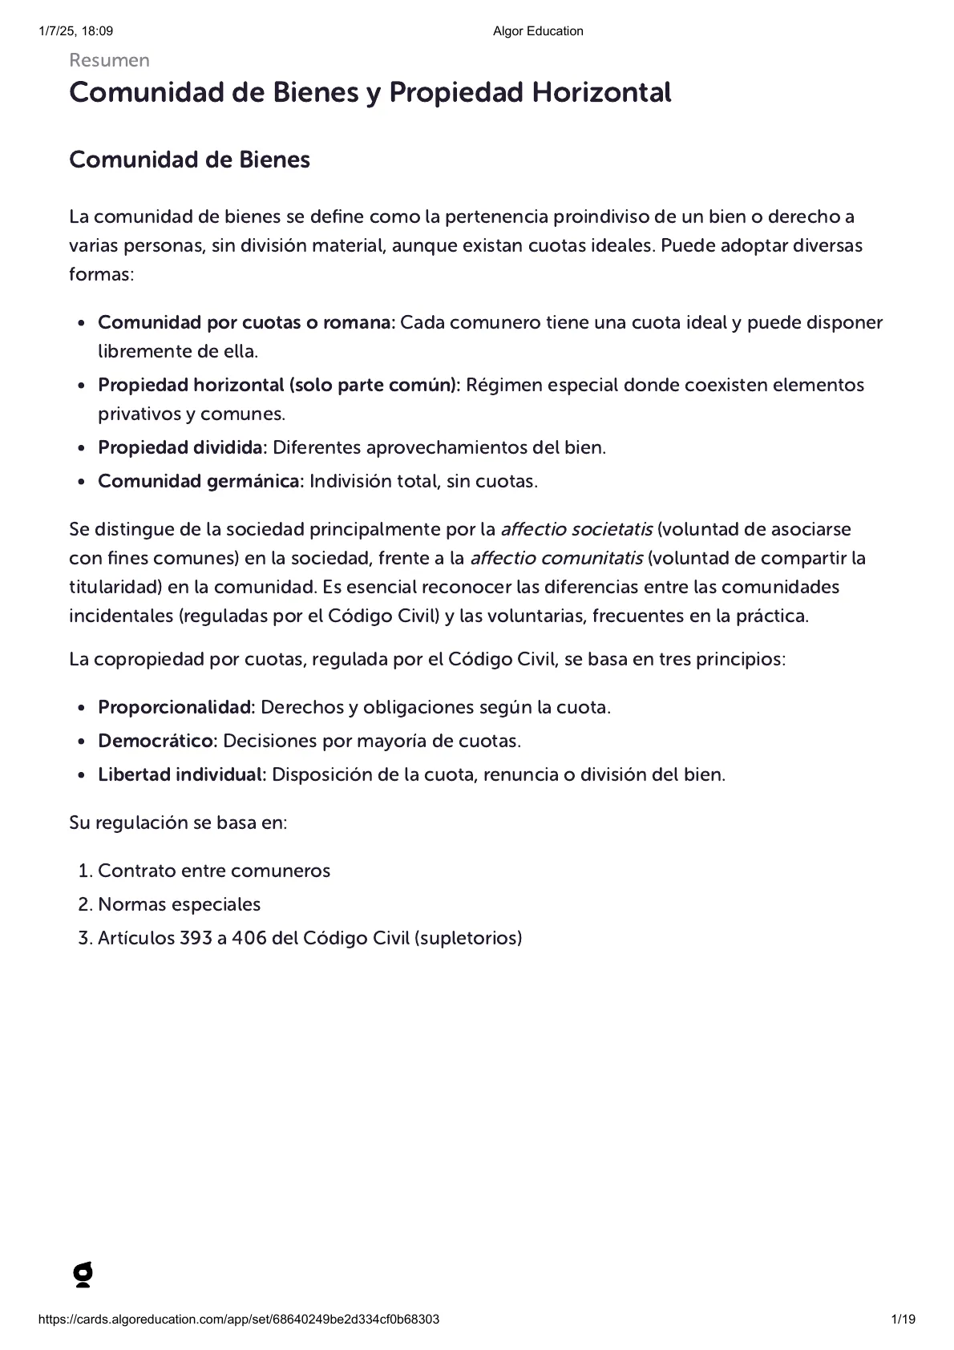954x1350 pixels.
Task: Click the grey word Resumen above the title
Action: (x=109, y=61)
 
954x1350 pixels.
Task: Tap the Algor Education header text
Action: (x=538, y=31)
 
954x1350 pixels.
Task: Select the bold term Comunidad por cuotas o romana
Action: (x=246, y=323)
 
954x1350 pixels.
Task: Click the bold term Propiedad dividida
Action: (x=182, y=448)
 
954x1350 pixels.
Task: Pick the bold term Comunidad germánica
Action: (x=200, y=482)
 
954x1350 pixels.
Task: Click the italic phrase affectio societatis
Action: (x=576, y=530)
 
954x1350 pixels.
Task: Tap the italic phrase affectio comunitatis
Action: (x=556, y=559)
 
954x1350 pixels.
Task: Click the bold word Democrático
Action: (x=157, y=742)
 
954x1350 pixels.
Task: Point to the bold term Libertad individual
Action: (x=182, y=775)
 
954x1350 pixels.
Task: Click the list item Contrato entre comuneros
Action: (x=214, y=871)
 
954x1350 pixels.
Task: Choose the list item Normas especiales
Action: (x=179, y=905)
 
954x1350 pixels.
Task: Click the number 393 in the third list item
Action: (x=196, y=939)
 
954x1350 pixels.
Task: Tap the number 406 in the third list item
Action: (x=249, y=939)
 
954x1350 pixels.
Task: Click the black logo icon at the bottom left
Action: (x=83, y=1275)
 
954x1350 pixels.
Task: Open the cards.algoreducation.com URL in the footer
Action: (x=239, y=1320)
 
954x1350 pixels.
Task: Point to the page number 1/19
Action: (x=903, y=1320)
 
